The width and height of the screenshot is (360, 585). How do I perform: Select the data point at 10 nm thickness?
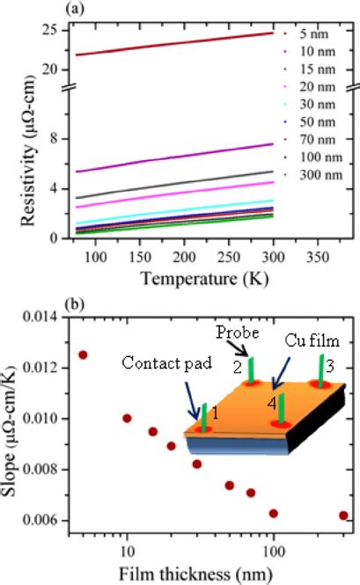pos(127,418)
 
